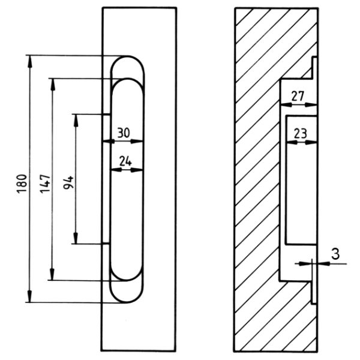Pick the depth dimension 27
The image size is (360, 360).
298,96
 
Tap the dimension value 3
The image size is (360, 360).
335,254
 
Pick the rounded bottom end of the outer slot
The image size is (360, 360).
127,301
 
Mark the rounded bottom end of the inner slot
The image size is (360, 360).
127,278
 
